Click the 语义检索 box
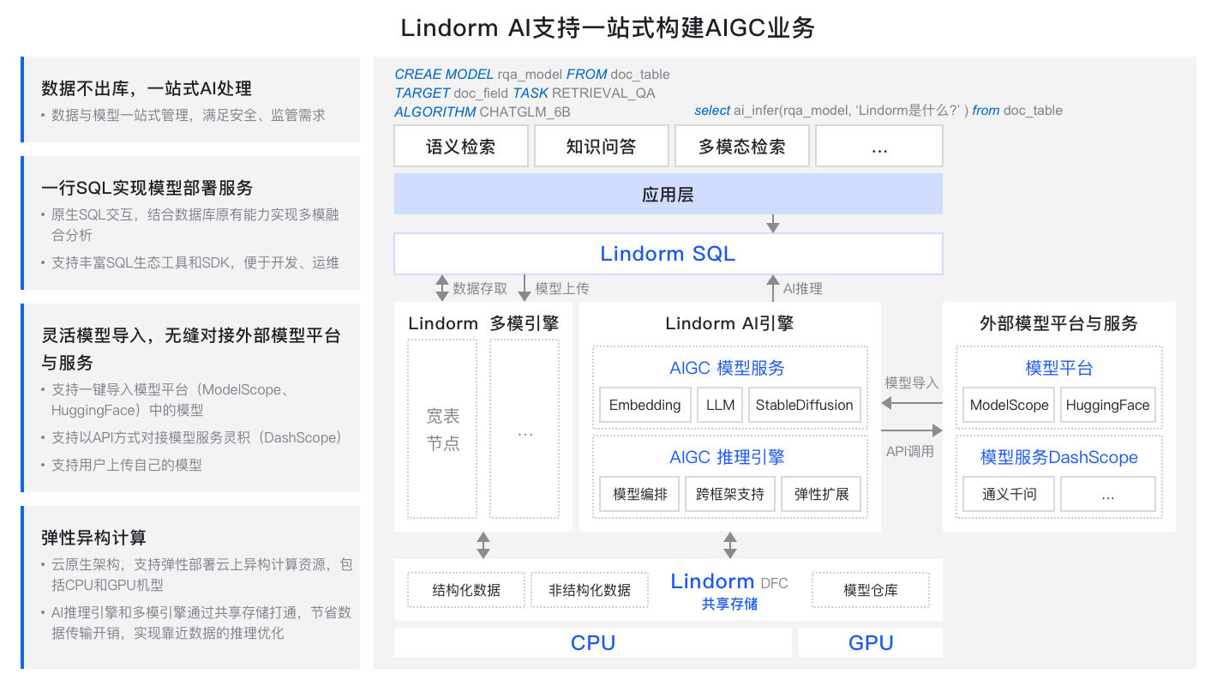pyautogui.click(x=461, y=146)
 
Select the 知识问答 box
pyautogui.click(x=602, y=146)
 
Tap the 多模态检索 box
pyautogui.click(x=742, y=146)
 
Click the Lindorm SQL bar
pyautogui.click(x=668, y=254)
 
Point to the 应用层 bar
pyautogui.click(x=668, y=194)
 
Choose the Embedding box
pyautogui.click(x=644, y=405)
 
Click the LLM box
pyautogui.click(x=721, y=405)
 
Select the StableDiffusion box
pyautogui.click(x=804, y=405)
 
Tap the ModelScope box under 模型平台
pyautogui.click(x=1009, y=405)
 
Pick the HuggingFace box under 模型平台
pyautogui.click(x=1107, y=405)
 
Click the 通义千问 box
pyautogui.click(x=1009, y=494)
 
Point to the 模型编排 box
pyautogui.click(x=639, y=494)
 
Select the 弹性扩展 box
pyautogui.click(x=821, y=494)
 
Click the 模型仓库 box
pyautogui.click(x=870, y=589)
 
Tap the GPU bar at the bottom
pyautogui.click(x=870, y=642)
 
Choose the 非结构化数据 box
pyautogui.click(x=590, y=589)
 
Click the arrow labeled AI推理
pyautogui.click(x=772, y=288)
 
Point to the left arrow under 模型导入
pyautogui.click(x=911, y=403)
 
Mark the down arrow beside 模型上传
pyautogui.click(x=525, y=288)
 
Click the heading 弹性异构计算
pyautogui.click(x=94, y=538)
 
